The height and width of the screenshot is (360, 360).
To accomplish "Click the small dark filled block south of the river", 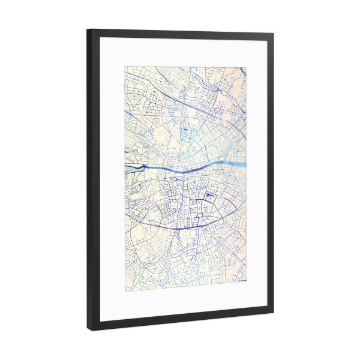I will point(209,196).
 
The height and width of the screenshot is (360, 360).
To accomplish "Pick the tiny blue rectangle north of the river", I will point(185,129).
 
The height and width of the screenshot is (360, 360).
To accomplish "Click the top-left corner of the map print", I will point(125,66).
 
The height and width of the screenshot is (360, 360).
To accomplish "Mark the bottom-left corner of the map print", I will point(125,291).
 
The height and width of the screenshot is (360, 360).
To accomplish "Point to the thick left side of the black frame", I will point(94,180).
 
